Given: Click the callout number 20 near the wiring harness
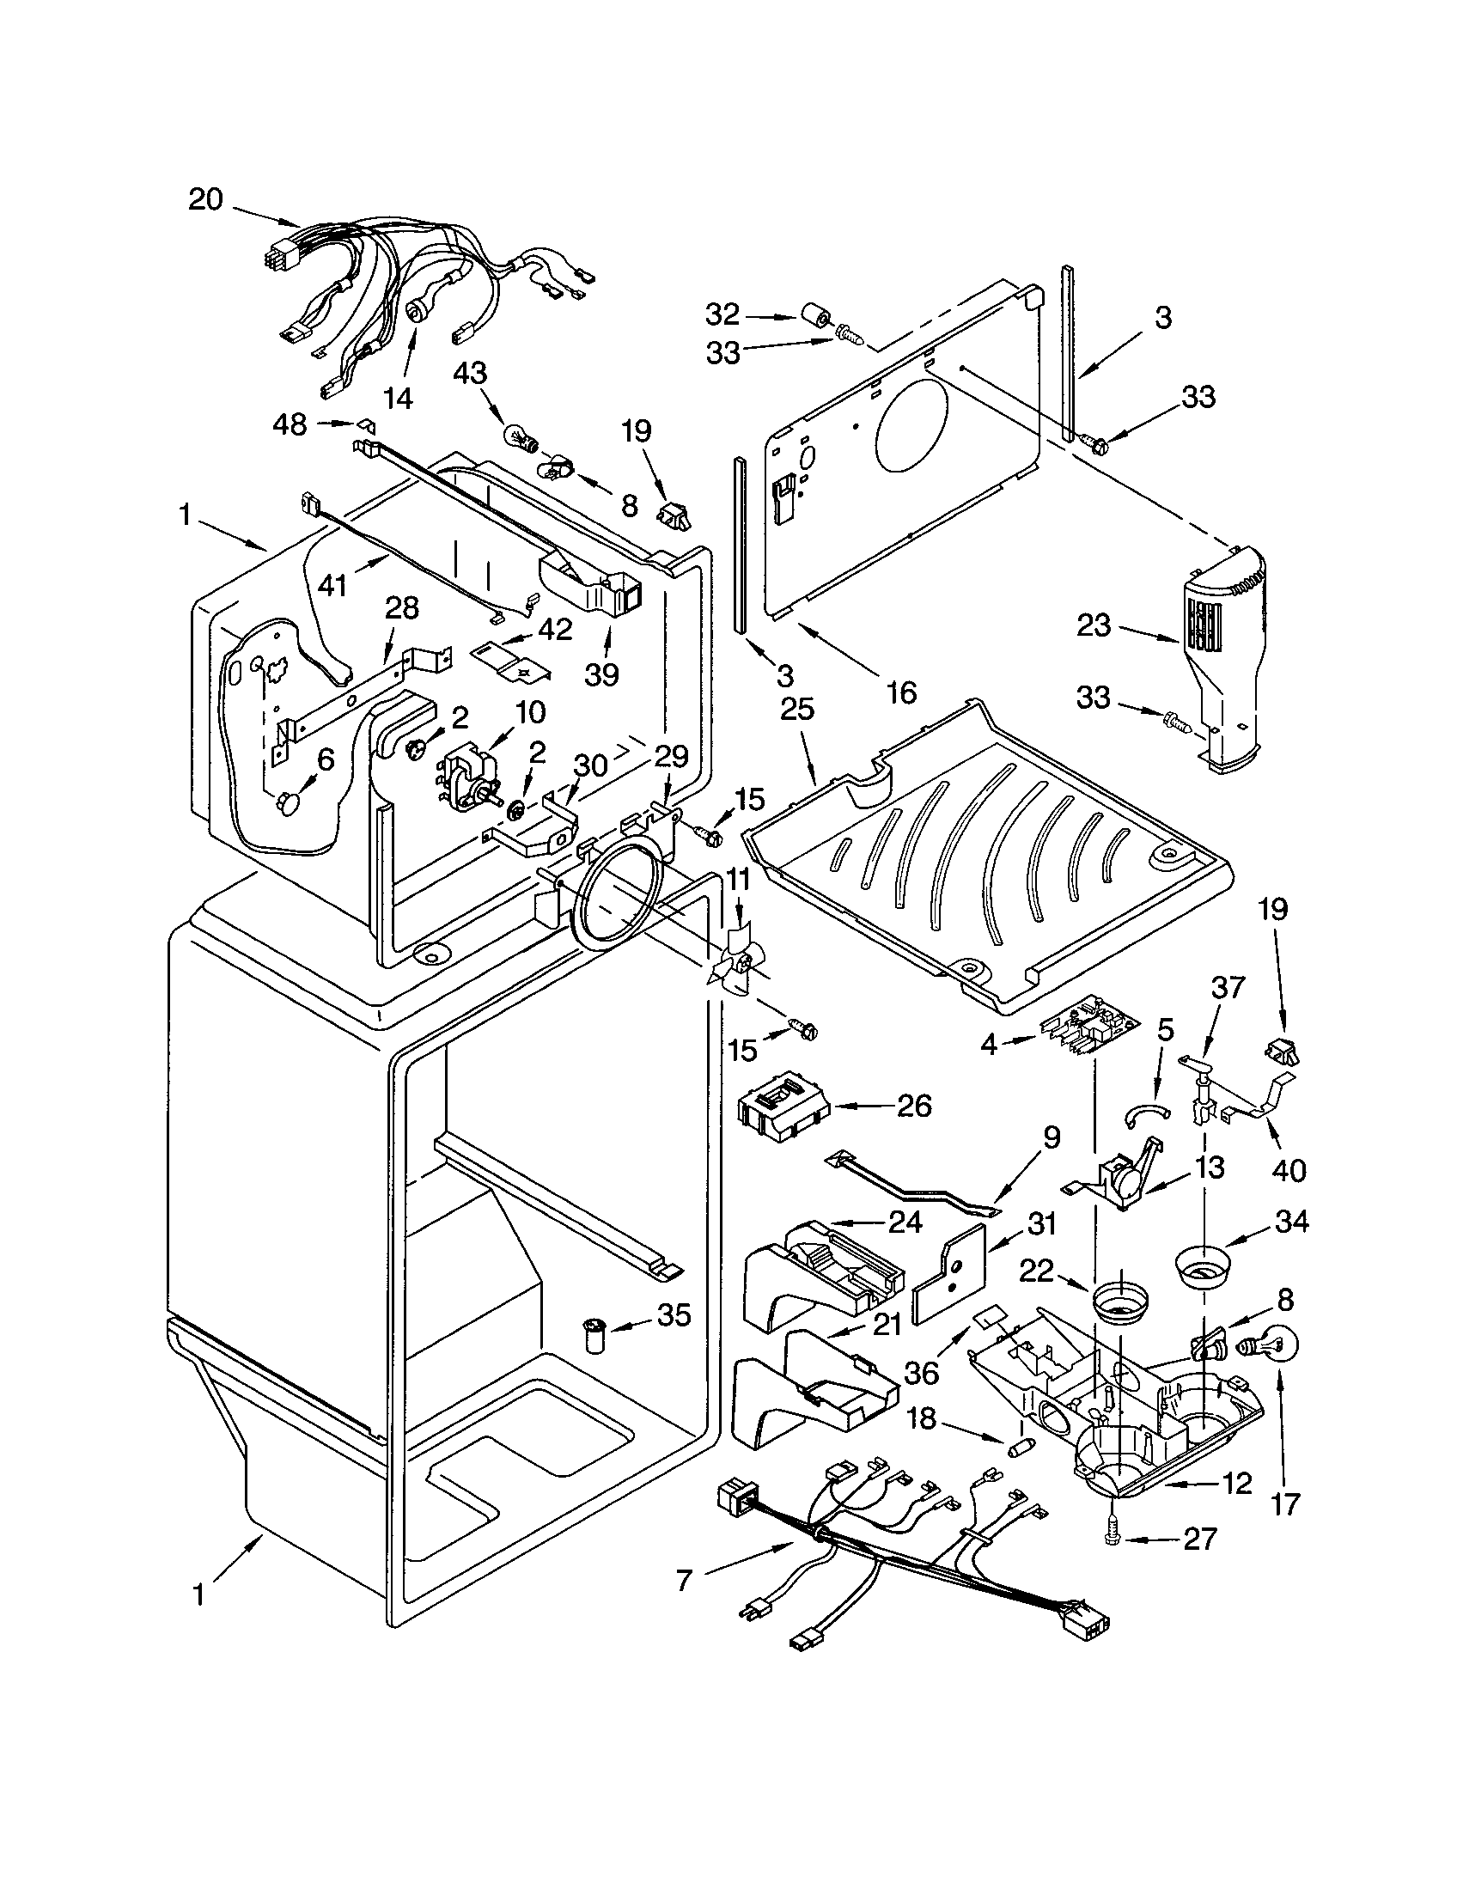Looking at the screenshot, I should pos(206,200).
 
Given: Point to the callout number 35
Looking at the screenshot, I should pos(674,1316).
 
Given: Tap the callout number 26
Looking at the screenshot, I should pos(914,1106).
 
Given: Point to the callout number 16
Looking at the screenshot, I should pos(900,692).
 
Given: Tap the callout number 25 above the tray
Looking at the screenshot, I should pos(797,710).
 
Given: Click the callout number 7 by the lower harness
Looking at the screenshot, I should pos(684,1581).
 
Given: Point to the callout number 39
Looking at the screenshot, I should pos(601,674).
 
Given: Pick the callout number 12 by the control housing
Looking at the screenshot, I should pos(1237,1484).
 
